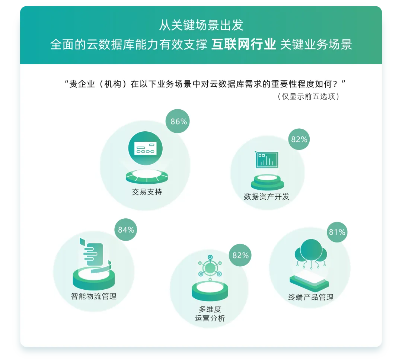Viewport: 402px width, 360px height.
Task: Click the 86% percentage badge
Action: click(178, 121)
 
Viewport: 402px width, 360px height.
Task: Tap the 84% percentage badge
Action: click(126, 229)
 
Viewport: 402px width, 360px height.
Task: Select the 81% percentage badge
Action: click(337, 232)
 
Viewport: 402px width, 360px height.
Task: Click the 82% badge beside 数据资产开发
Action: click(299, 139)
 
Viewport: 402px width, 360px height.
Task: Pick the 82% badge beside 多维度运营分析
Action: click(240, 255)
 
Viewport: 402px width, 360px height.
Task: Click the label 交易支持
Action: click(147, 192)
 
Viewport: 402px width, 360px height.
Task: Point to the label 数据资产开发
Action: click(267, 196)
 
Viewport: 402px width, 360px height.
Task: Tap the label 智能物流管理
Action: click(94, 296)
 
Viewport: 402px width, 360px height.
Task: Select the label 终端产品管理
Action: click(311, 297)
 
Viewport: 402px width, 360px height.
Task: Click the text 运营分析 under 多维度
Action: click(210, 318)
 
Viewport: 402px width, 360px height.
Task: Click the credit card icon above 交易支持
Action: click(146, 148)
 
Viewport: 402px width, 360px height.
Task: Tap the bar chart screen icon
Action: click(267, 160)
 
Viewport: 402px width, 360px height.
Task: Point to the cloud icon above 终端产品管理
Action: click(311, 254)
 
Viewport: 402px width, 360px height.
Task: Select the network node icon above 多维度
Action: click(210, 268)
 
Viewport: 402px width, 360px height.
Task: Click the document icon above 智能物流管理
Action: click(94, 254)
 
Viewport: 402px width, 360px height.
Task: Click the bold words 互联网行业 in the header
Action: click(243, 44)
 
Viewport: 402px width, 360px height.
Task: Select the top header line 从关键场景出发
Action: click(201, 25)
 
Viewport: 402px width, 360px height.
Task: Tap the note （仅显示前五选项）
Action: click(309, 97)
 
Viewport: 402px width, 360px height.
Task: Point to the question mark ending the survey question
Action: click(335, 84)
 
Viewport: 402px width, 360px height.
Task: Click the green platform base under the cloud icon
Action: click(309, 282)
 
